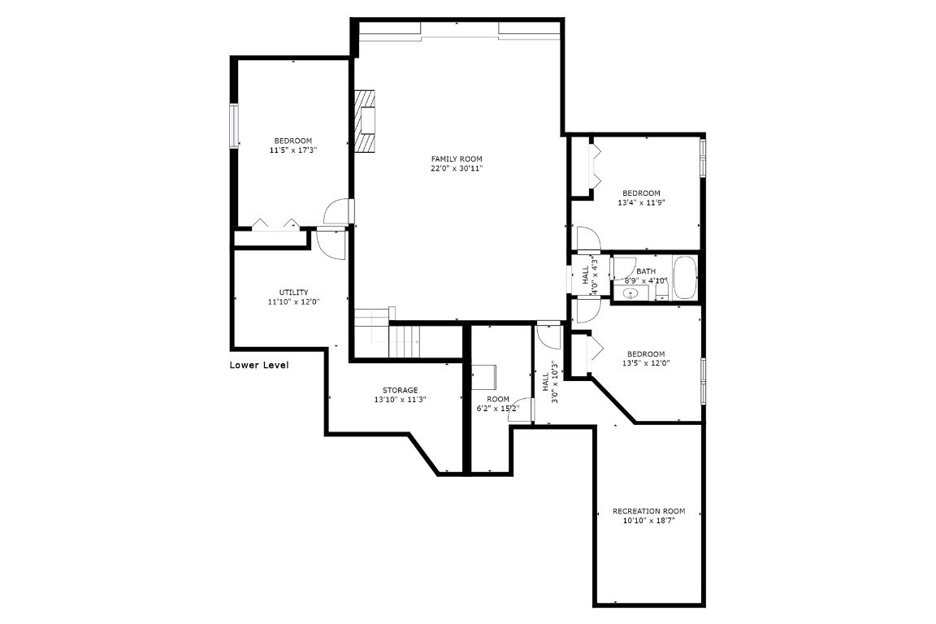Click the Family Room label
tap(457, 158)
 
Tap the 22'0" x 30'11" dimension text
tap(457, 169)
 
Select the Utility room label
tap(293, 292)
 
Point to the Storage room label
tap(401, 390)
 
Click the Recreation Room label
tap(648, 511)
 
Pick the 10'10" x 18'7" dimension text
tap(648, 521)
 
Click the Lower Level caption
tap(259, 366)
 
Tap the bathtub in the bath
tap(685, 277)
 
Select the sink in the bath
tap(630, 292)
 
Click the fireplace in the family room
tap(366, 120)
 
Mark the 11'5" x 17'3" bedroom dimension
tap(292, 150)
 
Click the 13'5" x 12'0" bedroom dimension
tap(646, 363)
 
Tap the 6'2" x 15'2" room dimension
tap(497, 409)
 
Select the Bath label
tap(646, 271)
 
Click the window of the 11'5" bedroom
tap(235, 126)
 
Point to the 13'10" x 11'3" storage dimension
tap(401, 400)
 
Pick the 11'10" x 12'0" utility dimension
tap(293, 302)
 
